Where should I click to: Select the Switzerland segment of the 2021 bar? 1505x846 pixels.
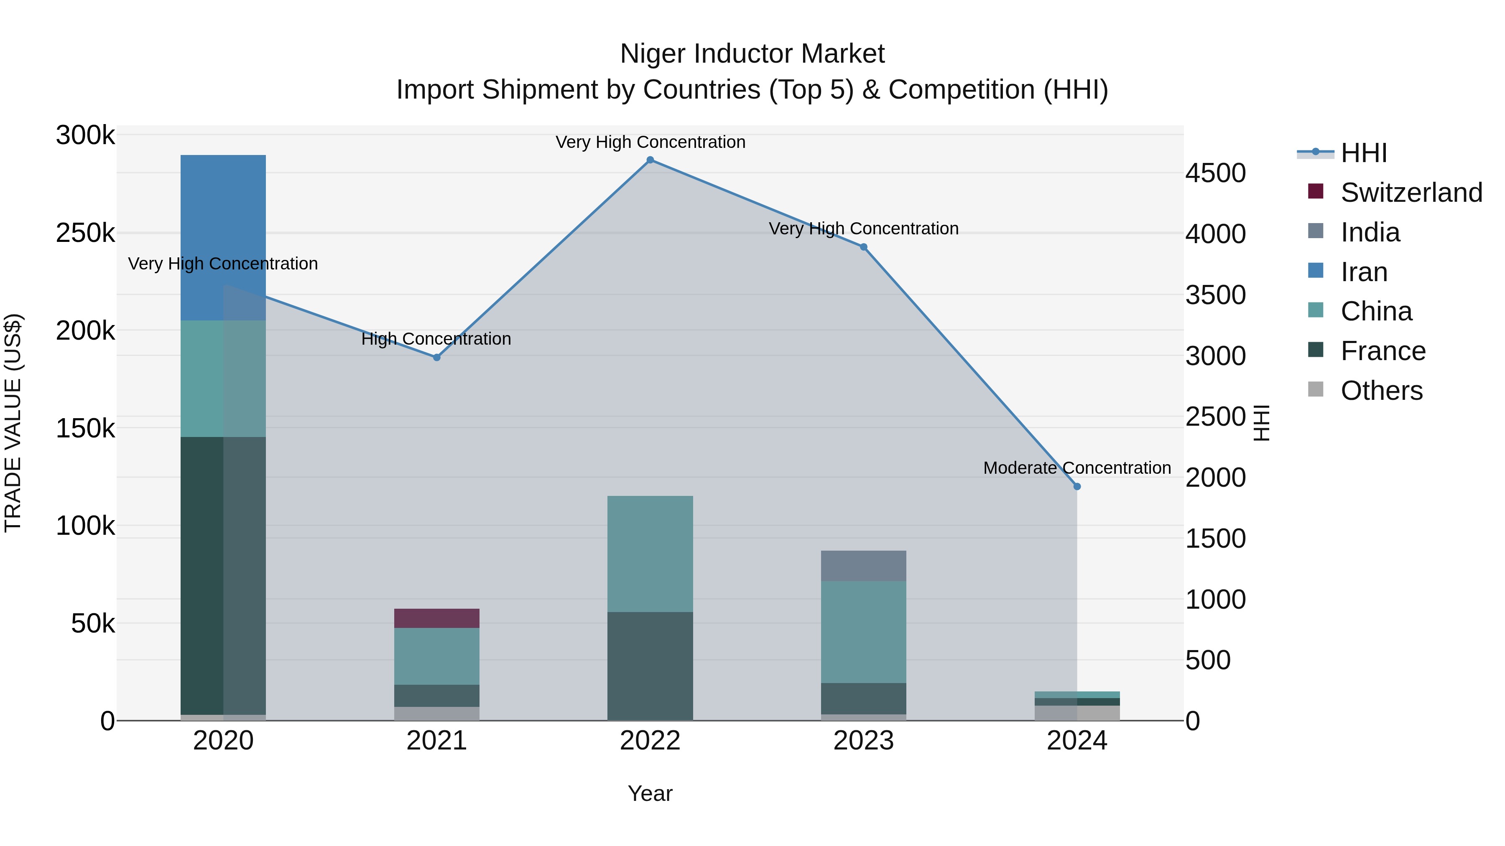click(436, 618)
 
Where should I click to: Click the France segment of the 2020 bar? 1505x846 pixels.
click(223, 575)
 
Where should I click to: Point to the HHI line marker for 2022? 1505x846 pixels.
click(650, 160)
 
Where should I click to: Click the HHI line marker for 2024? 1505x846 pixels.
click(1077, 486)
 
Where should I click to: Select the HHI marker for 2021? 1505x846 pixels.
click(436, 357)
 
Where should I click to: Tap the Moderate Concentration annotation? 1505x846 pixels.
click(1077, 467)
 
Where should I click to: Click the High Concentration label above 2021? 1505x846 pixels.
click(436, 339)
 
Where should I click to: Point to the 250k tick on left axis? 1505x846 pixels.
click(85, 233)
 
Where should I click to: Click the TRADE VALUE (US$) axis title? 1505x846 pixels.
click(13, 423)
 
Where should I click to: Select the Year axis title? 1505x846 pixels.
click(650, 793)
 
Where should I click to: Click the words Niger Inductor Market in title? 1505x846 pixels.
click(752, 54)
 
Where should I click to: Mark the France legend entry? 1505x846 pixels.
click(1383, 351)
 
